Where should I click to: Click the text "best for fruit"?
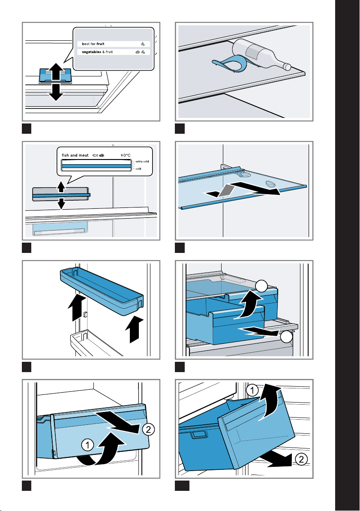point(93,44)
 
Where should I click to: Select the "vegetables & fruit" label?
point(96,52)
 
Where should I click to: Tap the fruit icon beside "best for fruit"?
point(142,44)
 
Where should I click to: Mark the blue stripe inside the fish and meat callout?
point(96,165)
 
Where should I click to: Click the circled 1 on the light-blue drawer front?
point(87,446)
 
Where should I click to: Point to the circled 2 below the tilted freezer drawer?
point(301,460)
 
